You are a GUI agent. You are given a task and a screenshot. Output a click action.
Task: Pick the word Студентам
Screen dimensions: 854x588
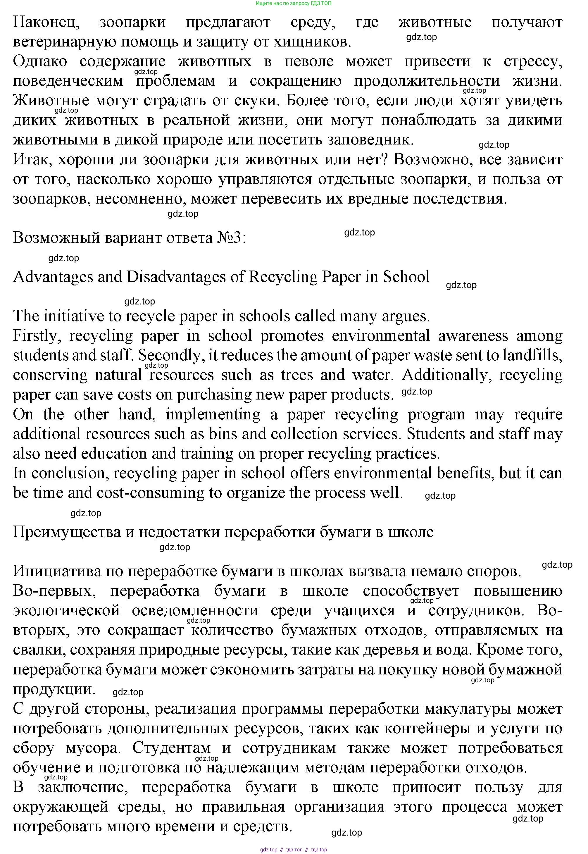pyautogui.click(x=171, y=748)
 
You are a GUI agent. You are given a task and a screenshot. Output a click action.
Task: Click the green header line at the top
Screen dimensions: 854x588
pyautogui.click(x=294, y=3)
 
